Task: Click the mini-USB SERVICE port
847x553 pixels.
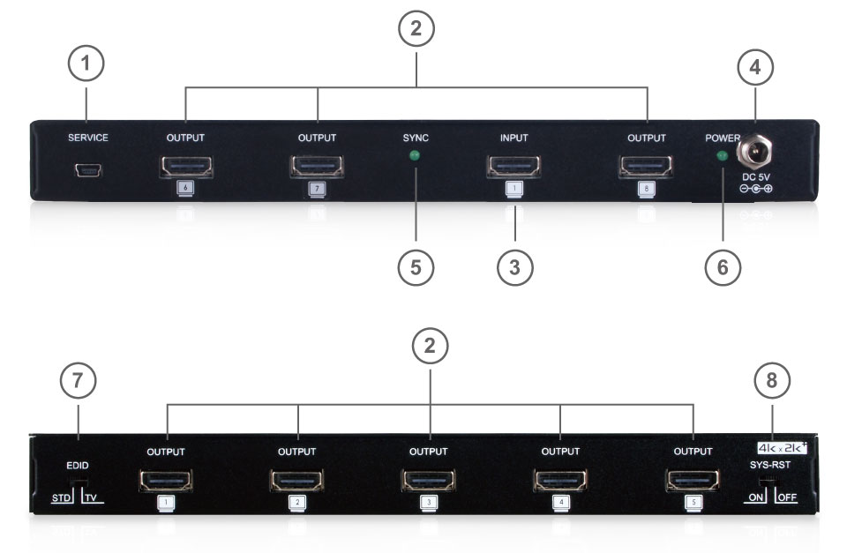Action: (88, 168)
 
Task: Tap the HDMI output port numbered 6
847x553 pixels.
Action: (185, 166)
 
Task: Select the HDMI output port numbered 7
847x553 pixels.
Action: (317, 166)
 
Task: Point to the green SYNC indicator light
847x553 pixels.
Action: (415, 157)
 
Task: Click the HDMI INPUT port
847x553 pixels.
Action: (513, 166)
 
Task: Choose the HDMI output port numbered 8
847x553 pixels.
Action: (646, 166)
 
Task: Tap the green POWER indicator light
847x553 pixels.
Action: (722, 157)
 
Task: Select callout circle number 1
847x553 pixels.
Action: (86, 64)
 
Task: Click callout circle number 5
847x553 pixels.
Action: (415, 267)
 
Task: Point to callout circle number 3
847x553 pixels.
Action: (514, 267)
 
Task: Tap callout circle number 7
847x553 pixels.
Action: (78, 381)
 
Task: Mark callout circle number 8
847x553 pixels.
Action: (772, 381)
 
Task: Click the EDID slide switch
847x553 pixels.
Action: (79, 482)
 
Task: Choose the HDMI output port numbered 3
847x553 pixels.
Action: (429, 482)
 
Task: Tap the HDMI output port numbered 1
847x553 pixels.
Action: (166, 482)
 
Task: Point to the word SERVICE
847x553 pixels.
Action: (88, 138)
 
